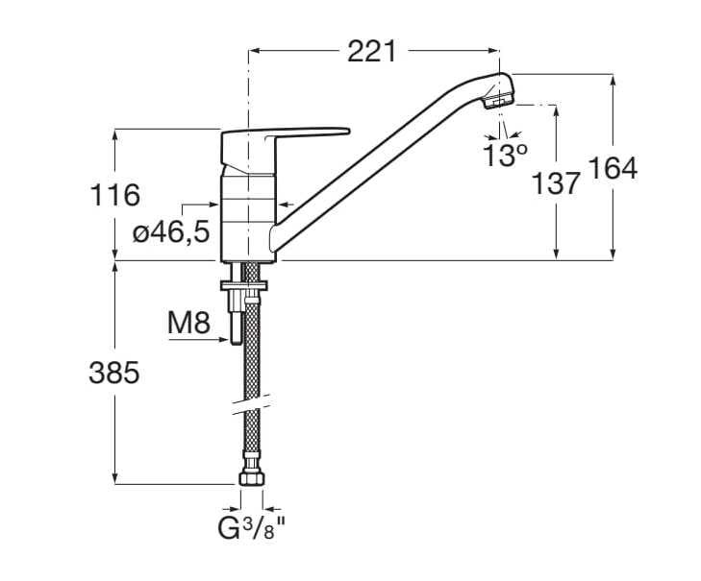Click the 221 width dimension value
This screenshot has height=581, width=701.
(371, 52)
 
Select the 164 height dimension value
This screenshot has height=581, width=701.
(613, 168)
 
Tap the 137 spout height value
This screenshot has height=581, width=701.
(557, 182)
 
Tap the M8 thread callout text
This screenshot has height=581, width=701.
(188, 324)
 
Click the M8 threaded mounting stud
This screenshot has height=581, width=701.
(234, 316)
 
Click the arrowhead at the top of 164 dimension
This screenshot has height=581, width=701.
(613, 77)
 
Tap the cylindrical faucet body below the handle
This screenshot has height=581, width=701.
(248, 216)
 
